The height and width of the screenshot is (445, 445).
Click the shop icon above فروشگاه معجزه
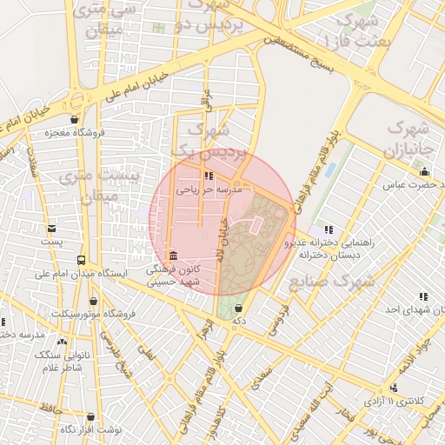tap(75, 120)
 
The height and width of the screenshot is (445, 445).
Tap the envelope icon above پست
tap(52, 229)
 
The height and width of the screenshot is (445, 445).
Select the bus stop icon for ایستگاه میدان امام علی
tap(81, 260)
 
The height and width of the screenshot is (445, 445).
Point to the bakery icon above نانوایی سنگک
tap(63, 342)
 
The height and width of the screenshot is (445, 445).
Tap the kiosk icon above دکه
tap(238, 308)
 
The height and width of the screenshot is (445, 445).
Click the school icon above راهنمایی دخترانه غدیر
tap(328, 229)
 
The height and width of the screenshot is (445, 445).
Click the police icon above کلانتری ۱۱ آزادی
tap(395, 388)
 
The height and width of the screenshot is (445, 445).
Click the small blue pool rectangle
tap(331, 169)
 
